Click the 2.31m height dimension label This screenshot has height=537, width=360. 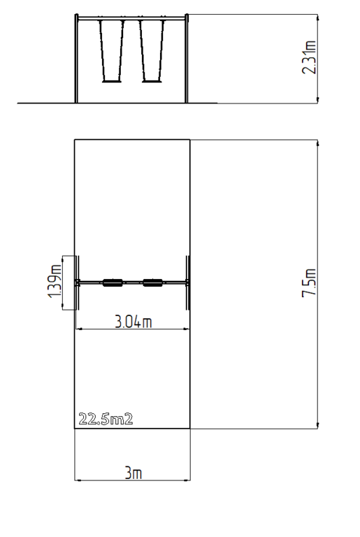309,57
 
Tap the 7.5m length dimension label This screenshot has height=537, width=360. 309,282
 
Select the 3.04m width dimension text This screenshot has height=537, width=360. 133,322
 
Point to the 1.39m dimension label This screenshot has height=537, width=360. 55,282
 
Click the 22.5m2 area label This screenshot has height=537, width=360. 106,419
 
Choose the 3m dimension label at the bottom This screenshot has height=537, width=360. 133,473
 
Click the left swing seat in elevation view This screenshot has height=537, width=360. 112,81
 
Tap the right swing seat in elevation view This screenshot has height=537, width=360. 152,81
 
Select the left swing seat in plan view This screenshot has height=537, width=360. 113,282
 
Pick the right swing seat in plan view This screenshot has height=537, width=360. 153,282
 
